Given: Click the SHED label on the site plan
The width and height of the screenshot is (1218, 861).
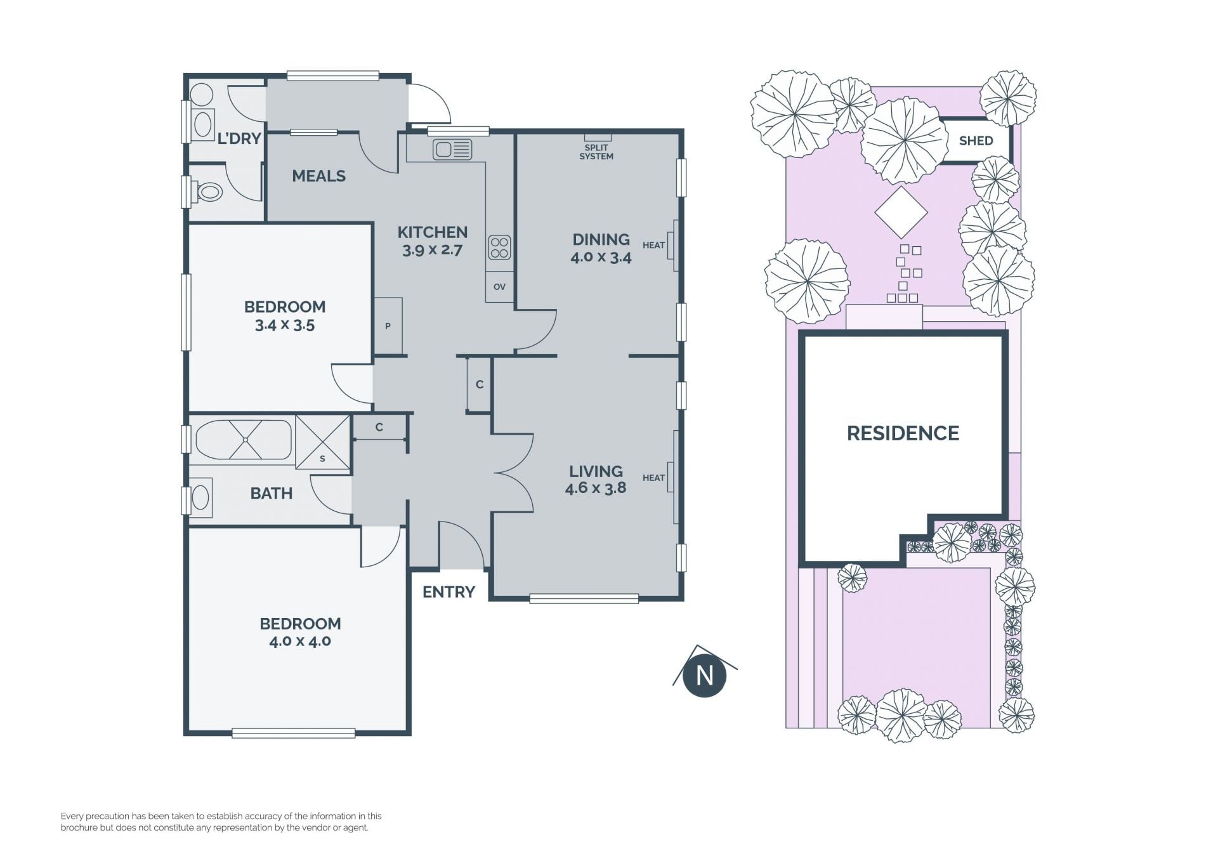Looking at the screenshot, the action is (976, 141).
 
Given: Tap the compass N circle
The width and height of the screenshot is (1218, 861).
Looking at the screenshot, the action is (704, 675).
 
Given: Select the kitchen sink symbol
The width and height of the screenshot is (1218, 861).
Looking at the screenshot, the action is (452, 150).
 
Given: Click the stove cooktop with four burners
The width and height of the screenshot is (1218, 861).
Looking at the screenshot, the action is (499, 247).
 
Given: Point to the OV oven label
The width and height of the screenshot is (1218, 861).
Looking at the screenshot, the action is (499, 287).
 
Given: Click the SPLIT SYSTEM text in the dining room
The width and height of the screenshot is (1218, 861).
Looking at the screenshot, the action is (596, 152).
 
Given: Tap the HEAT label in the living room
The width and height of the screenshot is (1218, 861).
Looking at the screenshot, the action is (653, 478).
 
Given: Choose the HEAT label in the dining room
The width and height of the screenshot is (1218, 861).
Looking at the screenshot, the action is (653, 245).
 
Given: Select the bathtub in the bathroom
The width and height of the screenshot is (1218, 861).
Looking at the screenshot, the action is (244, 440).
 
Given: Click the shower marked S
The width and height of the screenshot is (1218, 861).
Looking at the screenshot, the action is (323, 442).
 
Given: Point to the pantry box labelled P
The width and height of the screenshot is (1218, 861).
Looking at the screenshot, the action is (388, 326).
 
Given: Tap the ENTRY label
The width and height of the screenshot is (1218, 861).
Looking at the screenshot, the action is (449, 592).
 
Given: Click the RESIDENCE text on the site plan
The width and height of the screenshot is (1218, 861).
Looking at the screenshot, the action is (903, 433).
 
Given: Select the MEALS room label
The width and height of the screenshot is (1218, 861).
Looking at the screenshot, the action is (318, 176).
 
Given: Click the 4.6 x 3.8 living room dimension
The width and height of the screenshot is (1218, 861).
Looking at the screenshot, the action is (595, 488).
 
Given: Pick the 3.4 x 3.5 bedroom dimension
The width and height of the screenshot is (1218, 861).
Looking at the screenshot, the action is (285, 325).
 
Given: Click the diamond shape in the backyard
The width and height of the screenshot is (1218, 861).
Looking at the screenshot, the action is (901, 212).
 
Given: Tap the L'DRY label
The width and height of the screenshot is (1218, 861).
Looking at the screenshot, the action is (239, 138).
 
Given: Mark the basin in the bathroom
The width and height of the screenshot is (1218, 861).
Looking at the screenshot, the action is (201, 497).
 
